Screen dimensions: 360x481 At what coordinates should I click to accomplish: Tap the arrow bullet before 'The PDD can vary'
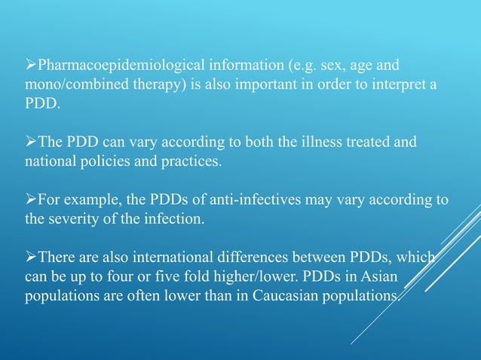coord(30,142)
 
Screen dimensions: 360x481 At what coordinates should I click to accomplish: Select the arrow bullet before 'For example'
coord(30,200)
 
